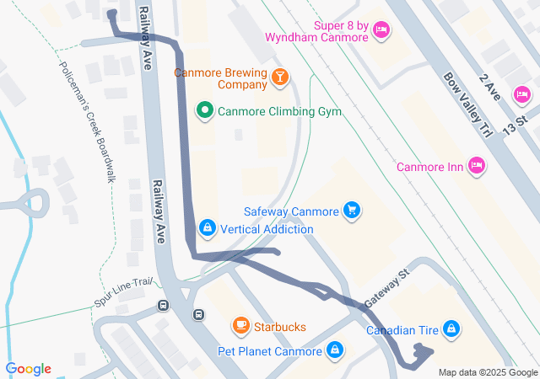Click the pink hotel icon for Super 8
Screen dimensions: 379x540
[381, 30]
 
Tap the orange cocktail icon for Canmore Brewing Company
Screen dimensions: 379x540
[280, 78]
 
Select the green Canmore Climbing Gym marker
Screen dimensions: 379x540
[204, 111]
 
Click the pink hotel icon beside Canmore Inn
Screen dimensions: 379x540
[477, 165]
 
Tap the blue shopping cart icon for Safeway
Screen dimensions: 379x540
[353, 211]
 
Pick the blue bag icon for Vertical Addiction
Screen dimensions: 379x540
[207, 228]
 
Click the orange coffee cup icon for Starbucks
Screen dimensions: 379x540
[240, 326]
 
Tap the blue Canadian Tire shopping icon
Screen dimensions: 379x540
[451, 328]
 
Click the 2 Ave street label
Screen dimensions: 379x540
[491, 87]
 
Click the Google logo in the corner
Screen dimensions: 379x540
[28, 369]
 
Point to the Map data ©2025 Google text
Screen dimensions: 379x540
[487, 372]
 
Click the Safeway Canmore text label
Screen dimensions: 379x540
[291, 211]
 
